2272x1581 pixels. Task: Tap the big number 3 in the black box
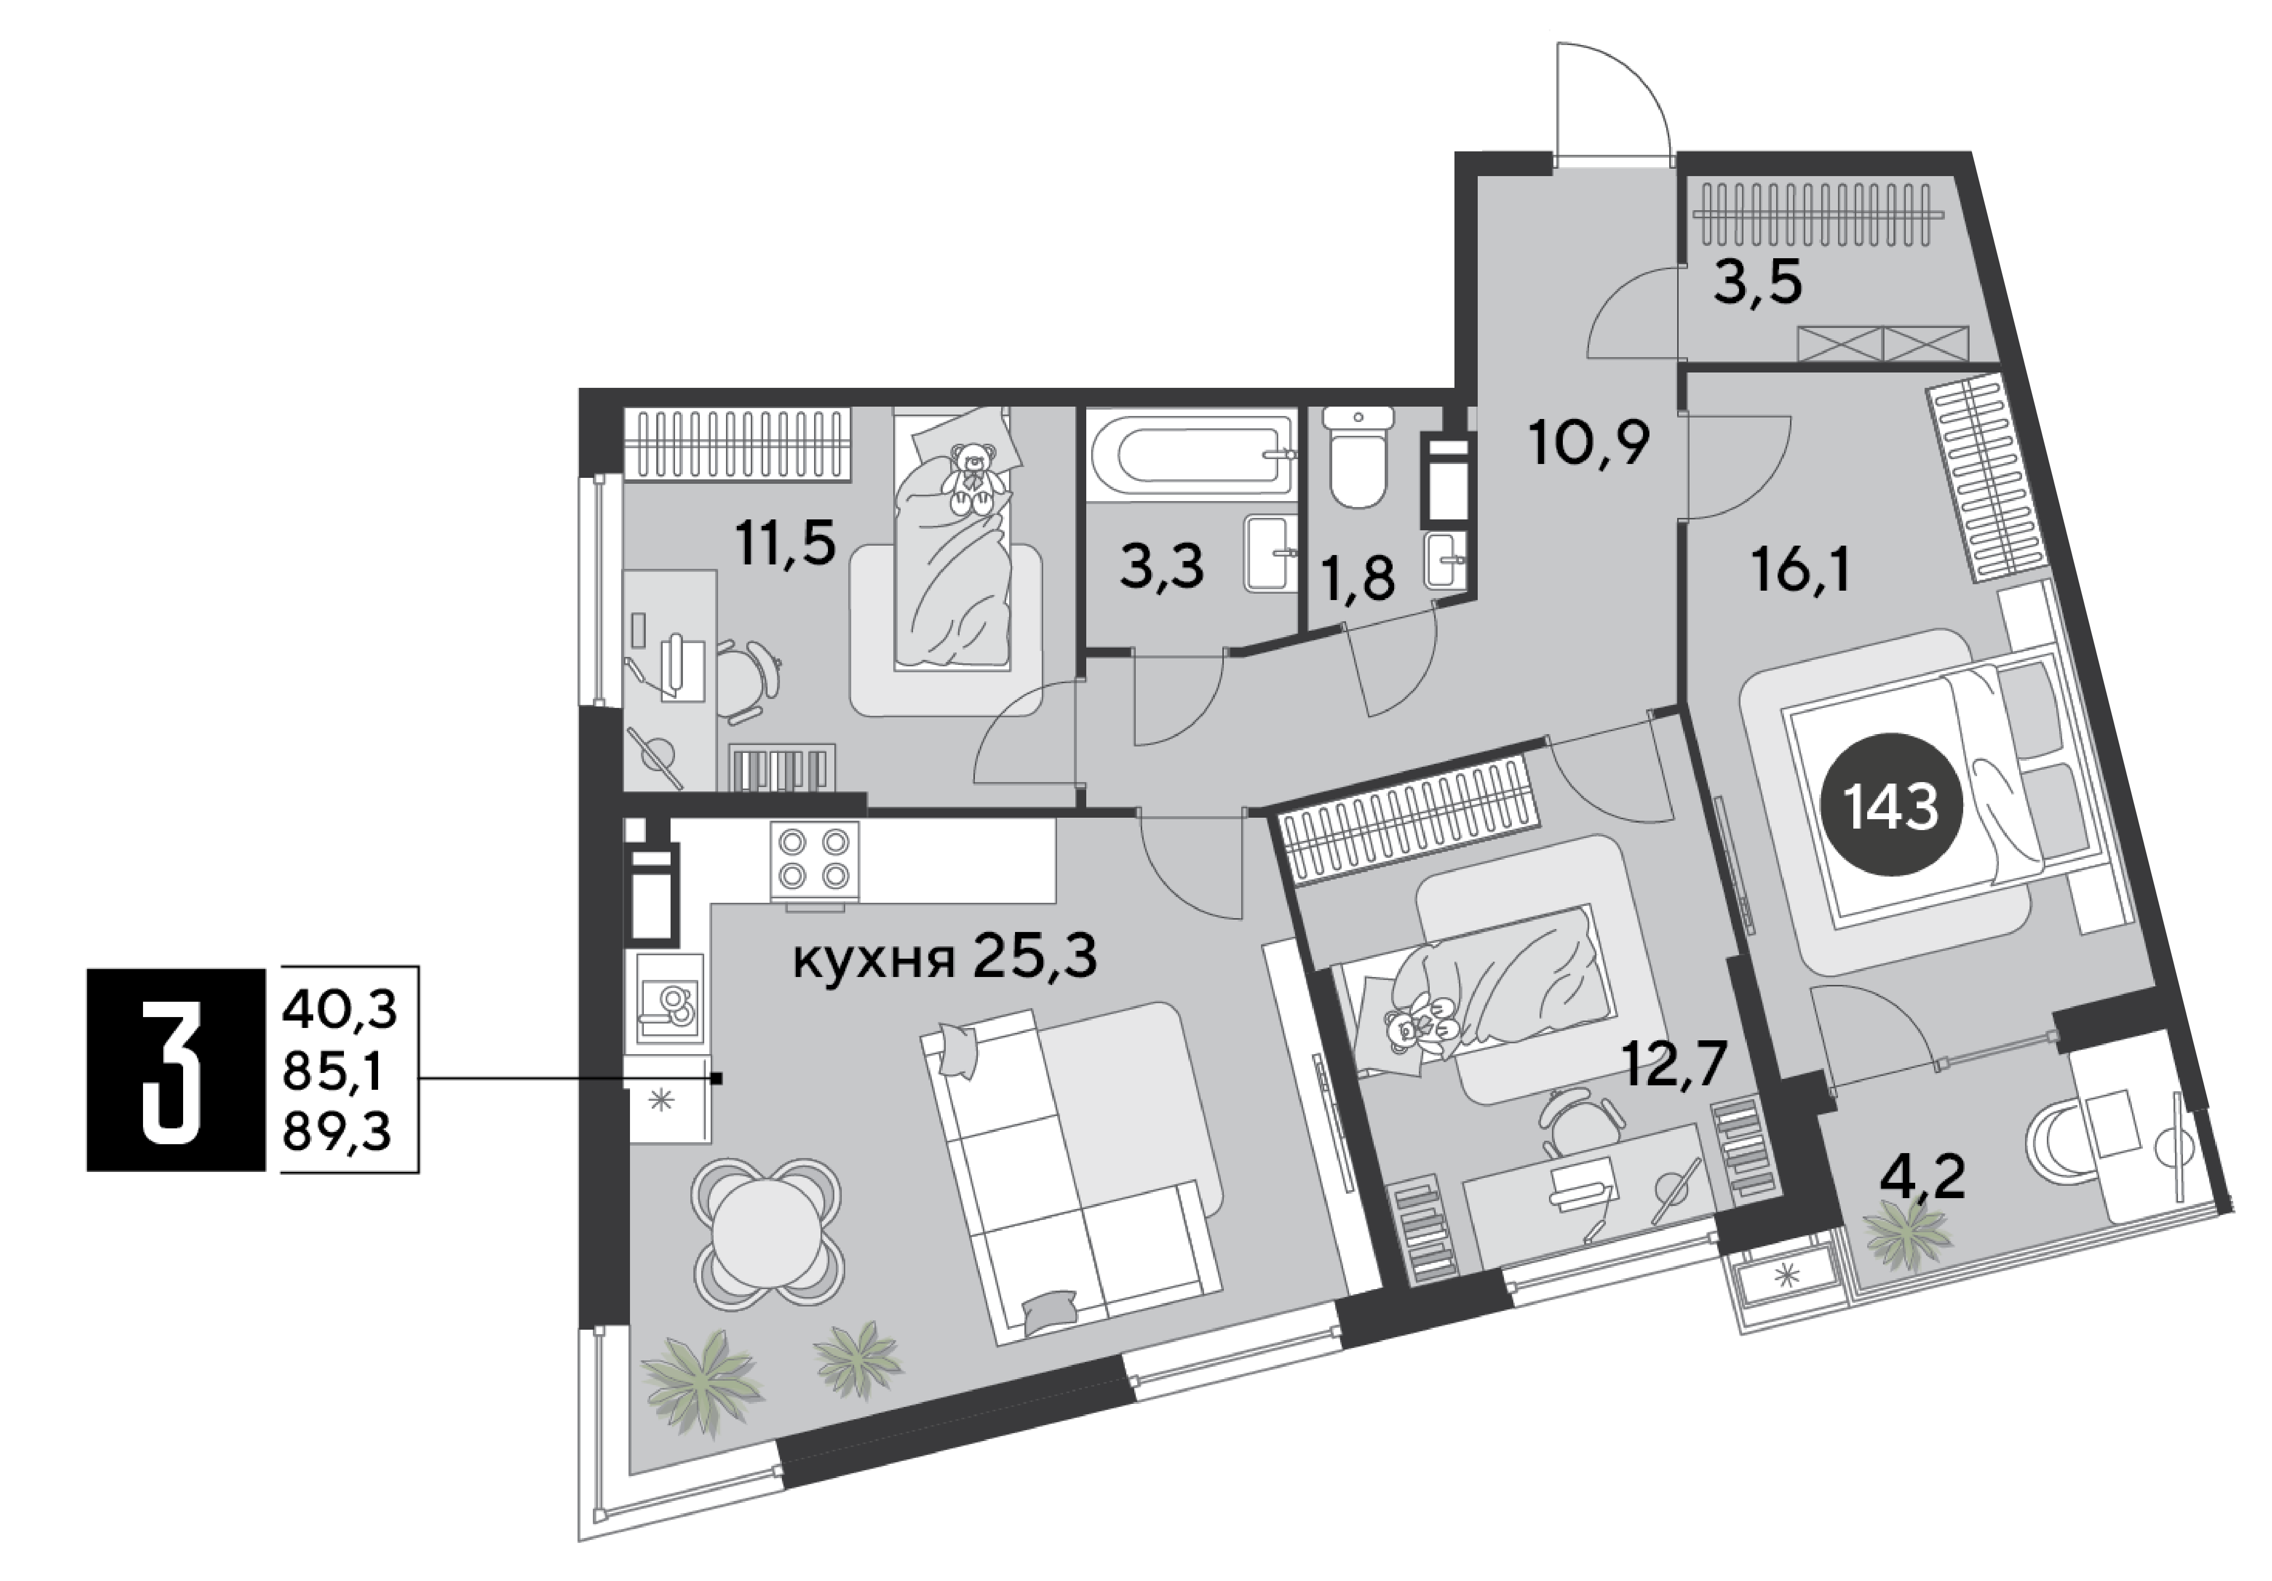coord(175,1069)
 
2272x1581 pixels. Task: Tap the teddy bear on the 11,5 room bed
coord(974,479)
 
